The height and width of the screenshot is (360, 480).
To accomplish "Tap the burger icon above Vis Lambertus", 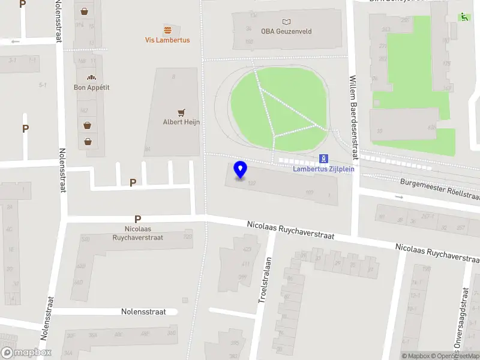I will [x=167, y=29].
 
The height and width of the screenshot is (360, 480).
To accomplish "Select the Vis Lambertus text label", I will [x=167, y=40].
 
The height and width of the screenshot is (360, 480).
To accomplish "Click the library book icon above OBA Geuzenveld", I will [x=286, y=22].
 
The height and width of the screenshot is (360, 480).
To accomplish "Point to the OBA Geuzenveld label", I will [x=286, y=31].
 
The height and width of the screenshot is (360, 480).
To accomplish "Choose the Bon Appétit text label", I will [x=91, y=88].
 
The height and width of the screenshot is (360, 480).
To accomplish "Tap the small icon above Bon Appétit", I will [x=91, y=77].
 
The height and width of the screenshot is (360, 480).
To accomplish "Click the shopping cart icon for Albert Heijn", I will [x=181, y=112].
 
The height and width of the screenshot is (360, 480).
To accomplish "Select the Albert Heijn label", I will [x=181, y=122].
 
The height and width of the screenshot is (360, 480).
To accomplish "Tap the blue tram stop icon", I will [x=324, y=158].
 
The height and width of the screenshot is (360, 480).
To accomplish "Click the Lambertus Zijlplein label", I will [x=324, y=169].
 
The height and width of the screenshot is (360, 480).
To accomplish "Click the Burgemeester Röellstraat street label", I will [x=440, y=188].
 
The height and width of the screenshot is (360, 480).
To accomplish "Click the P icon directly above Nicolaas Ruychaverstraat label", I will [x=138, y=220].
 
